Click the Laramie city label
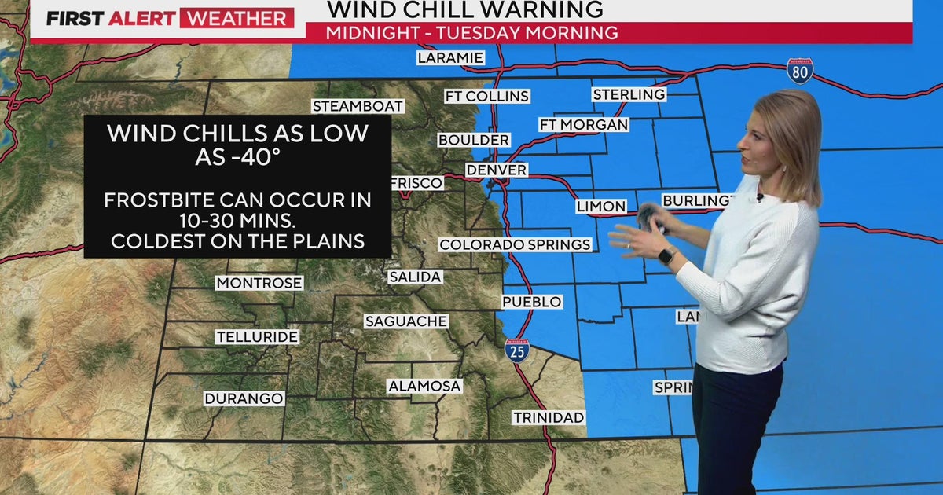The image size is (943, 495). [450, 57]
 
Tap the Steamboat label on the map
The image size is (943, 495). [358, 106]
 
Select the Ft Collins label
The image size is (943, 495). [486, 96]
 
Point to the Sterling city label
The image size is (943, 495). [629, 94]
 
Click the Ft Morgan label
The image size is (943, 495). [584, 124]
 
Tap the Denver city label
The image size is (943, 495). [496, 170]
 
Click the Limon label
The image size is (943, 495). [601, 207]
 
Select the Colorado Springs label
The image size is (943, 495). [515, 244]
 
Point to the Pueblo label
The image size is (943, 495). [533, 302]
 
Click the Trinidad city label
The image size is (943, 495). [549, 417]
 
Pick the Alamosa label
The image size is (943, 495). [424, 386]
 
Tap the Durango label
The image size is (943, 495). [244, 398]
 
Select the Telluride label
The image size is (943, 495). [257, 337]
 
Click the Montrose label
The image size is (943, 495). [259, 283]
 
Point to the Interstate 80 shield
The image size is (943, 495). [800, 71]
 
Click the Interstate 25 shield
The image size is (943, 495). [517, 350]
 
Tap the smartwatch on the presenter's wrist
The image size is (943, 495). [666, 255]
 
